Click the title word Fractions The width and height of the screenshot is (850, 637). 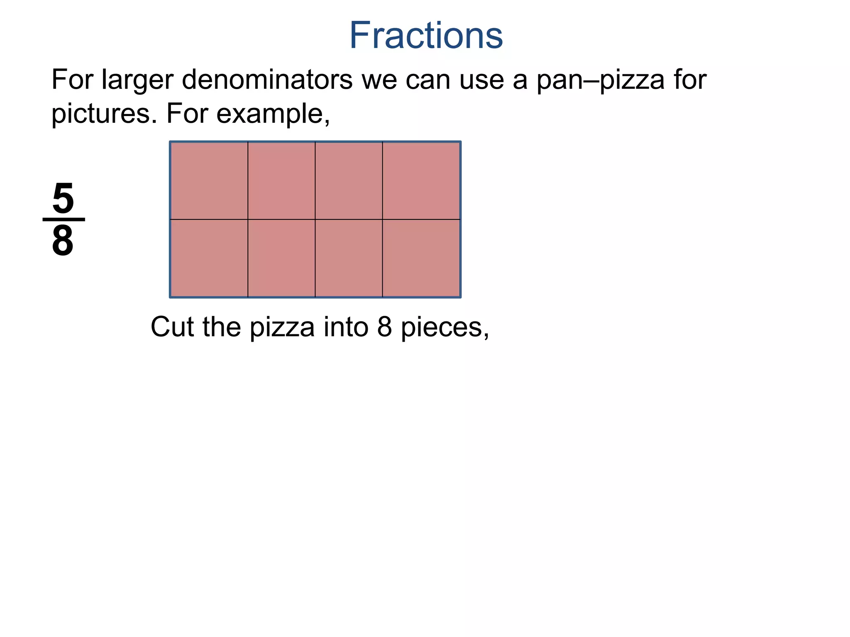click(426, 36)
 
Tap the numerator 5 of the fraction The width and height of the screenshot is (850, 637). click(63, 199)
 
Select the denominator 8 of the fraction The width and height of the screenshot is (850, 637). click(63, 241)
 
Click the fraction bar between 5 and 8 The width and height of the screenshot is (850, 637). click(64, 219)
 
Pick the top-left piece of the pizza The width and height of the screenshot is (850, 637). click(209, 180)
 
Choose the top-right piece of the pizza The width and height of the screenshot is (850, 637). click(421, 180)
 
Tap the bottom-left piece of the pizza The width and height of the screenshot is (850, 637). click(209, 258)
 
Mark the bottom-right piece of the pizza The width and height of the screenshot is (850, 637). click(421, 258)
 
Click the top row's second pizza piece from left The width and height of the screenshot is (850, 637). click(281, 180)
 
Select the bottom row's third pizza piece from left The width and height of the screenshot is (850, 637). click(349, 258)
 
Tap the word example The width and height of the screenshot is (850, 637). click(273, 114)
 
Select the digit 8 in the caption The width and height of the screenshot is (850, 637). click(385, 327)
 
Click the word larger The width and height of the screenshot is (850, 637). click(137, 80)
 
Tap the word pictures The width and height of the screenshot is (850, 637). click(104, 114)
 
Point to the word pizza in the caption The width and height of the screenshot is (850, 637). click(283, 328)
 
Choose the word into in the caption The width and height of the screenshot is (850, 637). click(347, 327)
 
